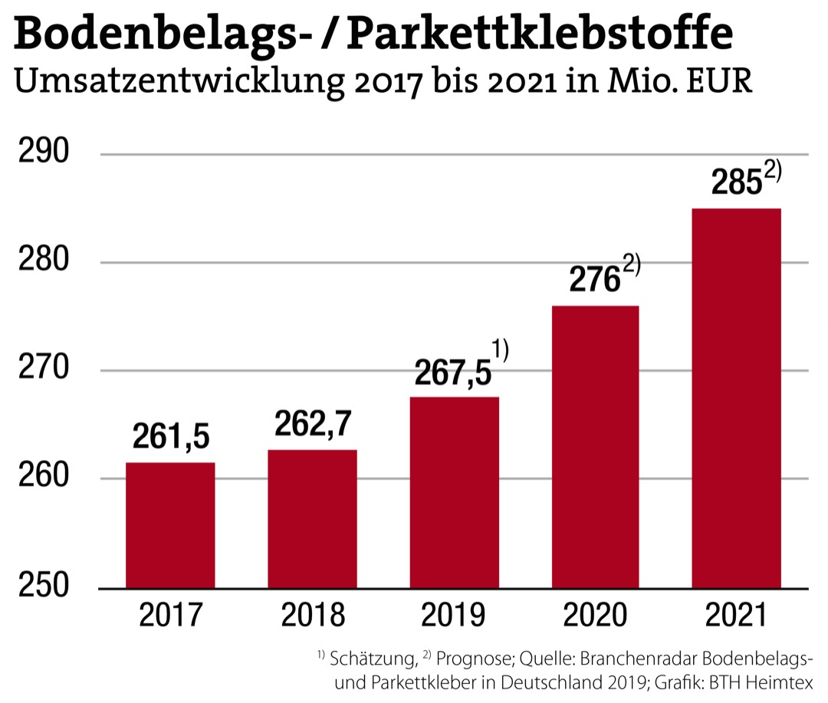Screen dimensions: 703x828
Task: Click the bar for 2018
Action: (x=312, y=519)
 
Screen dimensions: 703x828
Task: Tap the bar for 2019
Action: (x=454, y=492)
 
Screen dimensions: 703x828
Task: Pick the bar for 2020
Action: (x=595, y=447)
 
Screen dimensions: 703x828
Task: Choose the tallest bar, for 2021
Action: (x=736, y=399)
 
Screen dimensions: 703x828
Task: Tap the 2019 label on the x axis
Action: (x=454, y=616)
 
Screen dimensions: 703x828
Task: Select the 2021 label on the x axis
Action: (x=737, y=616)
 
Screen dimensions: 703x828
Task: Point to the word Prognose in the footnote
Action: (x=472, y=659)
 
